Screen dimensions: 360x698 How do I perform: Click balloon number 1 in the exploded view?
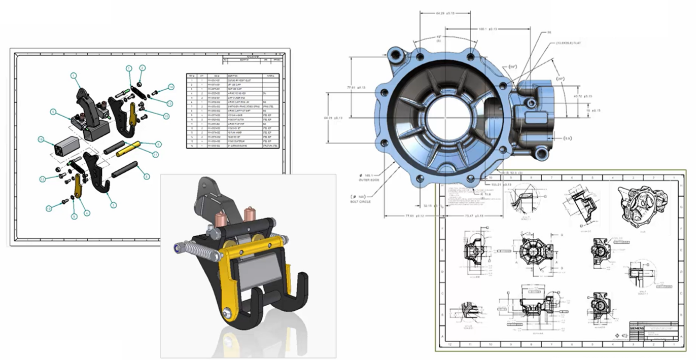(74, 76)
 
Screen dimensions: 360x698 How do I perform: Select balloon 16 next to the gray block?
(42, 139)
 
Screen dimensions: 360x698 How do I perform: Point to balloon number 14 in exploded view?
(171, 87)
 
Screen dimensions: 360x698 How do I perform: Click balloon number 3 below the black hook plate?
(114, 205)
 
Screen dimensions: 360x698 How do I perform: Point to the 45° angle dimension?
(439, 38)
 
